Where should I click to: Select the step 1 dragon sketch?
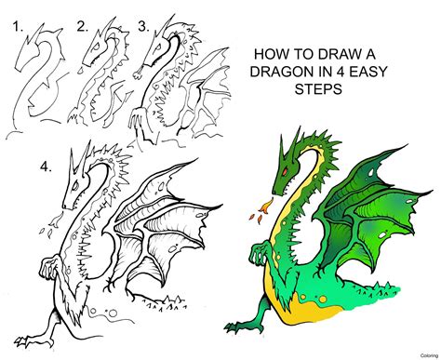[x=37, y=79]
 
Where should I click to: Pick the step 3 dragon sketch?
[x=167, y=79]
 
